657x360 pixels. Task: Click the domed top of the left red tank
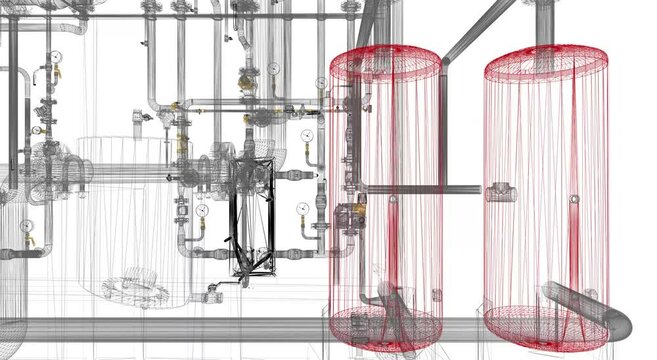pyautogui.click(x=385, y=62)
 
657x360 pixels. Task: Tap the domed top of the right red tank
pyautogui.click(x=545, y=62)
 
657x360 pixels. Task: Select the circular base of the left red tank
pyautogui.click(x=385, y=325)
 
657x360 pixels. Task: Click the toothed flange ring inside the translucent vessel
pyautogui.click(x=135, y=289)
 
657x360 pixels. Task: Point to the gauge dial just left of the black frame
pyautogui.click(x=202, y=211)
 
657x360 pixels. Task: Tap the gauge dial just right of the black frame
pyautogui.click(x=302, y=208)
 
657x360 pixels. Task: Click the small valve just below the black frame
pyautogui.click(x=211, y=293)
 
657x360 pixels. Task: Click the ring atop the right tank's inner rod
pyautogui.click(x=573, y=199)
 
